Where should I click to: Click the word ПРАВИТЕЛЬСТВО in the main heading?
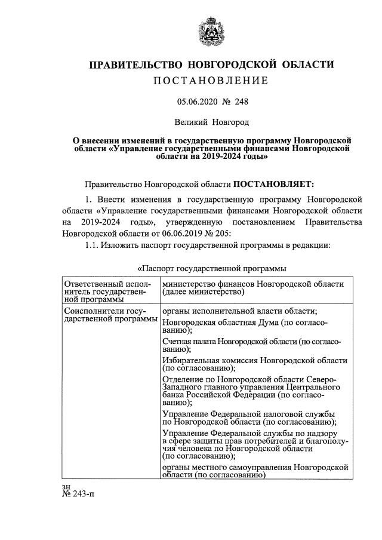[136, 65]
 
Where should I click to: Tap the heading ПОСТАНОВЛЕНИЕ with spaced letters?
[211, 81]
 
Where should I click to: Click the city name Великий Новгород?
[211, 122]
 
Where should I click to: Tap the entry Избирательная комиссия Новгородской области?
[254, 365]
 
